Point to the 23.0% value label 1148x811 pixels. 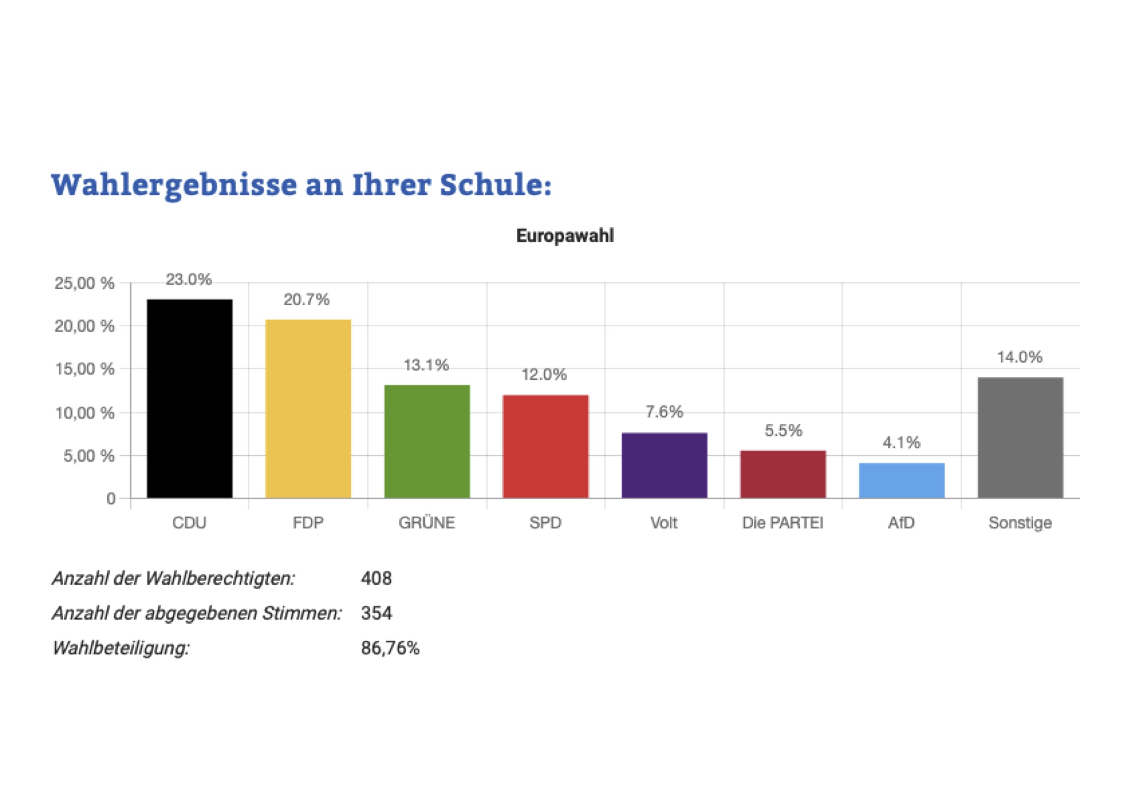[189, 279]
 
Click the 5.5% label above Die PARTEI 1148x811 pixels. [783, 430]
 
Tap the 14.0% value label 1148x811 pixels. [1019, 357]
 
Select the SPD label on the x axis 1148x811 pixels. [545, 523]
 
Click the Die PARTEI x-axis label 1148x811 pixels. [783, 523]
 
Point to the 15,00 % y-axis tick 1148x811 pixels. [84, 369]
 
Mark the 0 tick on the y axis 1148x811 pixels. [110, 498]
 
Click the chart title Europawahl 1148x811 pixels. [565, 235]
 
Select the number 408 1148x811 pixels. [376, 578]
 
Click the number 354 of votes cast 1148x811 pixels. [376, 613]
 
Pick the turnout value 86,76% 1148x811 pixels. [390, 648]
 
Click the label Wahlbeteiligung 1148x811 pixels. [121, 648]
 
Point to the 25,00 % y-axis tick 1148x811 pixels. [84, 283]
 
